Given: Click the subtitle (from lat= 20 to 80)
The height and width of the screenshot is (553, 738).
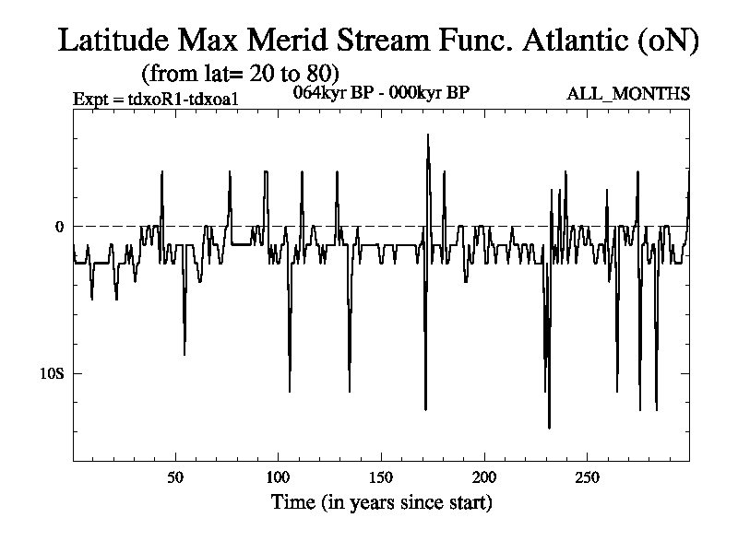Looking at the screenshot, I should tap(240, 72).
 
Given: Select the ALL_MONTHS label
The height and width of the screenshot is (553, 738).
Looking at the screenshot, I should tap(628, 94).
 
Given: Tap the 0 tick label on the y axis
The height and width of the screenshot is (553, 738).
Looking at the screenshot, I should tap(60, 227).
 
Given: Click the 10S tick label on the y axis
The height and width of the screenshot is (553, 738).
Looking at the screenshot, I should tap(51, 373).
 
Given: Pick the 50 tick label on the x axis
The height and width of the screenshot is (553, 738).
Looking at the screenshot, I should tap(175, 477).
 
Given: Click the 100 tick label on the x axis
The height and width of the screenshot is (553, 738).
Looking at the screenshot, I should tap(278, 477).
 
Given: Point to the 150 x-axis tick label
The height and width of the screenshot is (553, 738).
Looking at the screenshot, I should tap(381, 477).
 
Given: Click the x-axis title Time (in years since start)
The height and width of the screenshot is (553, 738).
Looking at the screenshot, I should tap(381, 503).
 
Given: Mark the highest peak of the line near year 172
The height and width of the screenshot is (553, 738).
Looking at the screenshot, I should tap(427, 135).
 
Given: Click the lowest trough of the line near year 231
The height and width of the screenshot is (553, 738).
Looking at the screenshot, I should tap(549, 428).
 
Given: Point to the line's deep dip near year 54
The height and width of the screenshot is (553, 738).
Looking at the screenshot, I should tap(184, 354).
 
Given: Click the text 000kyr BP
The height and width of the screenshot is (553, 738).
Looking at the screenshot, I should tap(432, 92).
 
